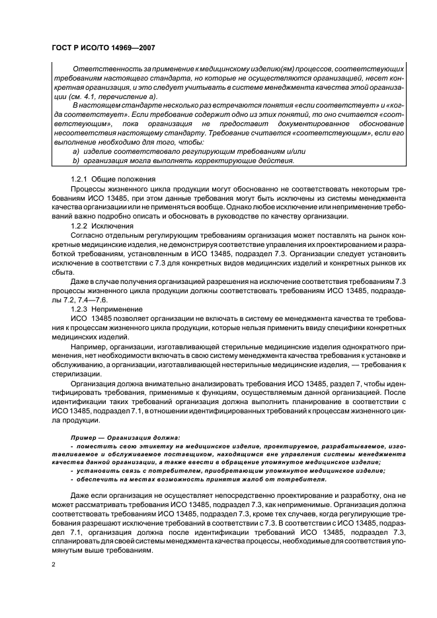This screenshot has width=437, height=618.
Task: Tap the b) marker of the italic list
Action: [75, 160]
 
